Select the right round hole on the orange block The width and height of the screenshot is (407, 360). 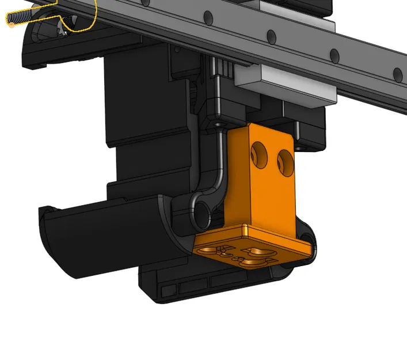coord(284,158)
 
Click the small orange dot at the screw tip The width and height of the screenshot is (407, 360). coord(11,24)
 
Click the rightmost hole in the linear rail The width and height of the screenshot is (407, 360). coord(397,73)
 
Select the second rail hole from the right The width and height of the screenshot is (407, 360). coord(333,56)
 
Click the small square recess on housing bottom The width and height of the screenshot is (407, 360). coord(170,286)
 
